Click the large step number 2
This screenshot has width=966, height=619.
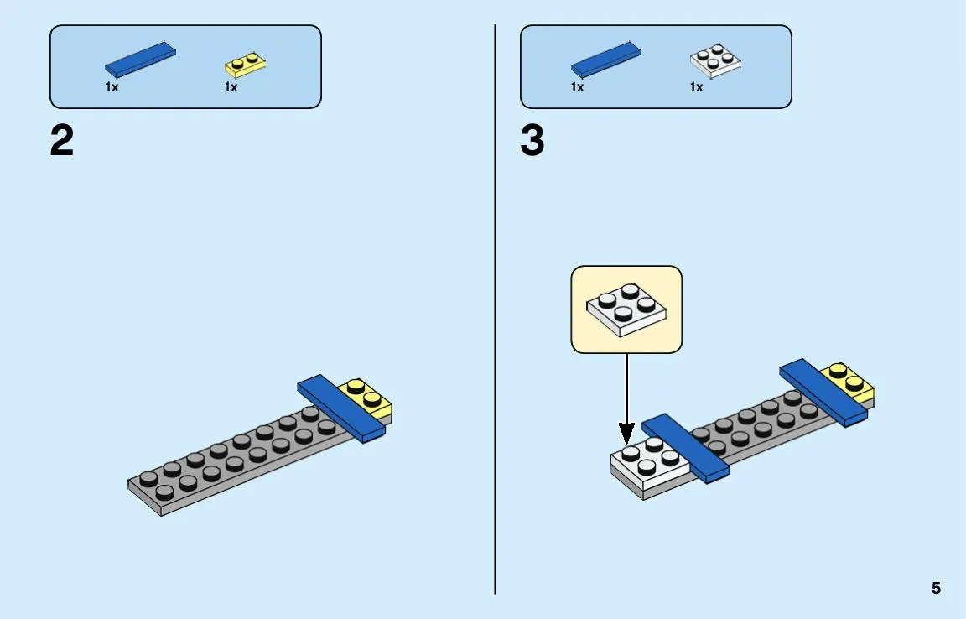[x=61, y=141]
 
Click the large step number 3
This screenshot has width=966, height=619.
[x=532, y=141]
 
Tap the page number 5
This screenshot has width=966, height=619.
[x=936, y=588]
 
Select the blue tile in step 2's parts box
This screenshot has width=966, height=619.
[x=141, y=60]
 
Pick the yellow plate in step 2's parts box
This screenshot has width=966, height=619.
[x=245, y=65]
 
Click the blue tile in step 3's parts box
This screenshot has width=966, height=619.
[x=606, y=60]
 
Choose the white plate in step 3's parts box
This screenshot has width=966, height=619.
[x=715, y=61]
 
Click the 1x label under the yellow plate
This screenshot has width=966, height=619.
[x=231, y=87]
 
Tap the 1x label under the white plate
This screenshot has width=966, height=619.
[x=696, y=87]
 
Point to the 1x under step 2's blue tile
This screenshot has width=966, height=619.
[x=112, y=87]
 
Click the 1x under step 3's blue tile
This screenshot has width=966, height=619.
[x=577, y=87]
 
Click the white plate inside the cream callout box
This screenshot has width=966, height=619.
[x=626, y=309]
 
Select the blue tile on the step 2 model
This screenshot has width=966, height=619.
[x=341, y=408]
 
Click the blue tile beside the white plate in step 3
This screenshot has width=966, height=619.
[x=686, y=448]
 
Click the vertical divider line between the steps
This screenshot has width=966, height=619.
[x=495, y=309]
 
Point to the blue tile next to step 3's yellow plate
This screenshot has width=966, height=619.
[x=823, y=393]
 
